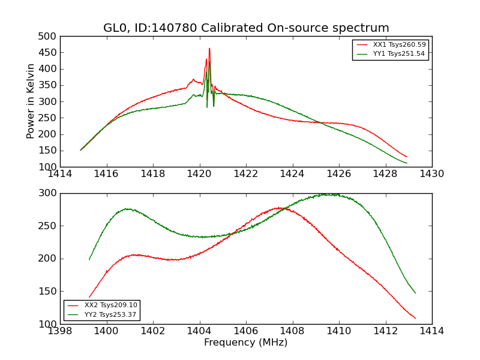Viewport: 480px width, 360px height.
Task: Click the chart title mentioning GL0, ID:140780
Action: pyautogui.click(x=246, y=28)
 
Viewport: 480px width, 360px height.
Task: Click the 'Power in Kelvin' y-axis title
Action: pyautogui.click(x=31, y=101)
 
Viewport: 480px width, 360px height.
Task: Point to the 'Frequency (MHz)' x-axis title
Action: pyautogui.click(x=246, y=343)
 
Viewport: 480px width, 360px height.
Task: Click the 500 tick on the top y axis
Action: pyautogui.click(x=49, y=37)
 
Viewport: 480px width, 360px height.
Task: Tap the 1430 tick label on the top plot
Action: pyautogui.click(x=431, y=174)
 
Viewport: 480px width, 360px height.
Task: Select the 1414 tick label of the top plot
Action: pyautogui.click(x=61, y=174)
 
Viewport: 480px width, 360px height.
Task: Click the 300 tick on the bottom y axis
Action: pyautogui.click(x=49, y=193)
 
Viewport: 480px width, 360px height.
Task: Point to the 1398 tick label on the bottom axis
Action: pyautogui.click(x=61, y=331)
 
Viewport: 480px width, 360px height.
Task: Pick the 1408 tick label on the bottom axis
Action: pyautogui.click(x=292, y=331)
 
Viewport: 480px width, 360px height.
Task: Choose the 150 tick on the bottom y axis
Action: pyautogui.click(x=49, y=292)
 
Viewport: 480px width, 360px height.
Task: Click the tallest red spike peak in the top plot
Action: pyautogui.click(x=209, y=49)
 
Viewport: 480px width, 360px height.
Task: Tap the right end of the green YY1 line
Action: pyautogui.click(x=407, y=163)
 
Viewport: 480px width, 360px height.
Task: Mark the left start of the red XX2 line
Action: pyautogui.click(x=89, y=297)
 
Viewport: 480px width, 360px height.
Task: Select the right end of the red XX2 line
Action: pyautogui.click(x=415, y=319)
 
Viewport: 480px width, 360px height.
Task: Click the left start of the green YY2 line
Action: pyautogui.click(x=89, y=259)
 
